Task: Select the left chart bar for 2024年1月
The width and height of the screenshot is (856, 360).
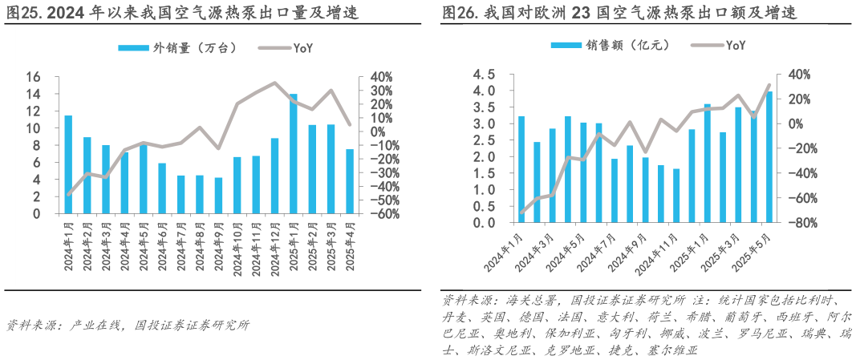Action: (x=68, y=164)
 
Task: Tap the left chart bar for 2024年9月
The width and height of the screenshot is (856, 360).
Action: (x=218, y=196)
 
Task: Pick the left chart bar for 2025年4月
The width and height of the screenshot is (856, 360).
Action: (x=349, y=181)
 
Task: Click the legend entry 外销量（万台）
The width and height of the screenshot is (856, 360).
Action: (x=177, y=48)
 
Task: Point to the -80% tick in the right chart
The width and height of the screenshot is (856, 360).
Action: (x=801, y=223)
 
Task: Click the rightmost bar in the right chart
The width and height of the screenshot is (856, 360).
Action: (x=769, y=157)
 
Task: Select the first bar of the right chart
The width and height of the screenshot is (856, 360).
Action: (x=521, y=169)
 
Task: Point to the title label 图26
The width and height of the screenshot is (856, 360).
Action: (x=459, y=14)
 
